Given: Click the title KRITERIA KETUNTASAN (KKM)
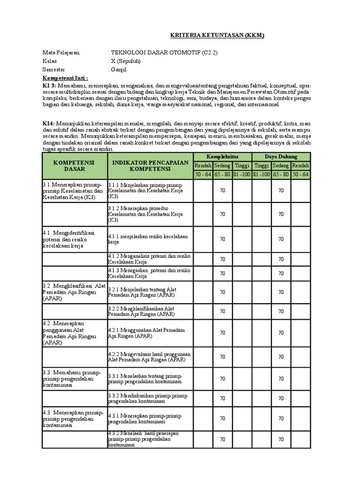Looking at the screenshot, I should [x=217, y=36].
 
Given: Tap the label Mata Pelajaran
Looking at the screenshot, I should [x=61, y=52].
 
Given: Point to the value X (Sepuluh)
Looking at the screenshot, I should [x=125, y=61].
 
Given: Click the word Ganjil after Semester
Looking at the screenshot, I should [x=118, y=69].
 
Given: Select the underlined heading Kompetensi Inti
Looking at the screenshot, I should [x=65, y=78].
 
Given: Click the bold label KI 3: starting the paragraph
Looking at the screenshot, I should [x=49, y=86].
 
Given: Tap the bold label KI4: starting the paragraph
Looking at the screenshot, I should [x=48, y=123].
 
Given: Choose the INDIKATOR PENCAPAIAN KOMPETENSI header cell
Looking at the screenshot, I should [x=150, y=165].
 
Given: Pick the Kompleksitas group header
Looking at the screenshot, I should [x=222, y=157].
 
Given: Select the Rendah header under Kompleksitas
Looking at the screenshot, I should [x=202, y=165].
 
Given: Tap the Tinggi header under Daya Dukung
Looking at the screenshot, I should [x=261, y=165].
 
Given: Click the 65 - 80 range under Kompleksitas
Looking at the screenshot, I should [x=222, y=174].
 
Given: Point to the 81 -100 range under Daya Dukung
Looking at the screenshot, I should [x=261, y=174].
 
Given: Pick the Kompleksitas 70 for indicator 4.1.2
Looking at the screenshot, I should [x=222, y=259].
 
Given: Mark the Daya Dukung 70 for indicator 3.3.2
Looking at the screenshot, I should [x=281, y=399].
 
